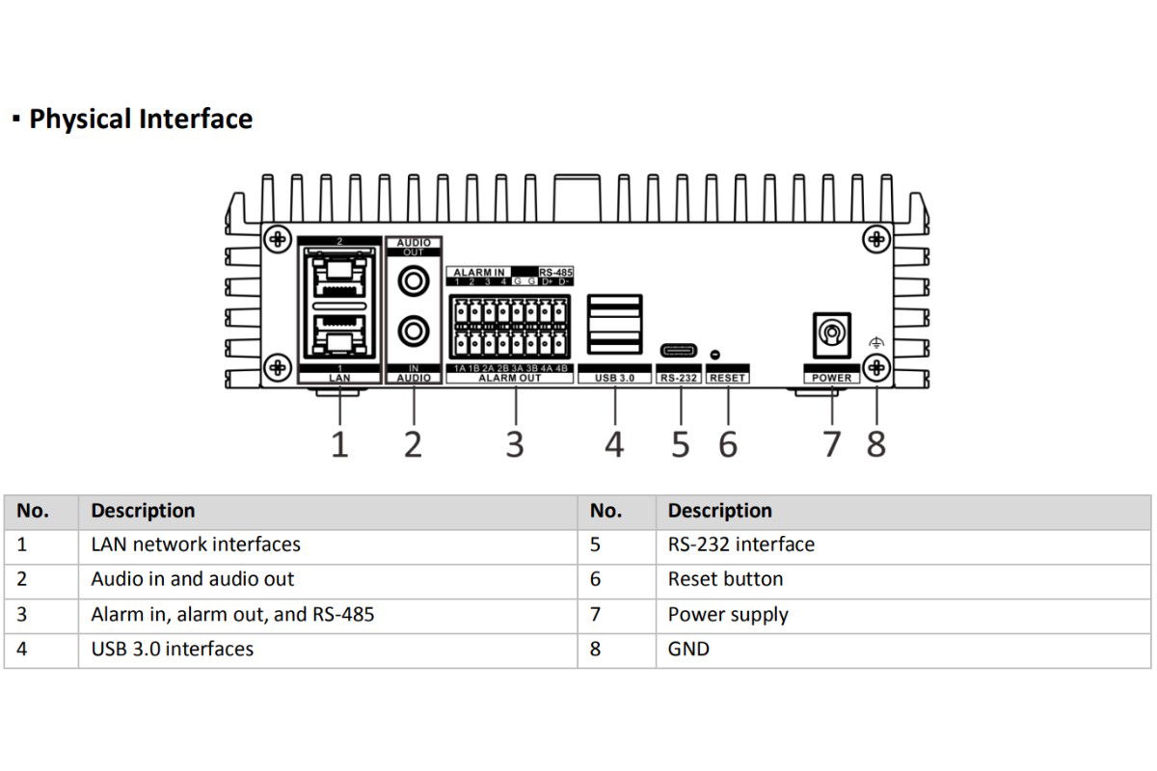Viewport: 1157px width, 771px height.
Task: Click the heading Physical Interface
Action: pos(141,119)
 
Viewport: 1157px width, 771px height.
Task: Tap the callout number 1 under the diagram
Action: pos(339,444)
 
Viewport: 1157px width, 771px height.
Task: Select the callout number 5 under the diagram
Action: pos(681,444)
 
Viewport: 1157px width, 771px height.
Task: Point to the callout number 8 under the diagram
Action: pos(876,444)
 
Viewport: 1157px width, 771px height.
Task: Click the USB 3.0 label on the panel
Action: pos(614,378)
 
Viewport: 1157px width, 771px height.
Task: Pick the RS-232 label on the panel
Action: pos(679,378)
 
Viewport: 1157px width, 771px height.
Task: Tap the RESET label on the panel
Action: pos(727,378)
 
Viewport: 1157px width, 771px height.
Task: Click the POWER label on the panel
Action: pos(831,378)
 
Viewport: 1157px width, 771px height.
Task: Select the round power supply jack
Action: pos(831,334)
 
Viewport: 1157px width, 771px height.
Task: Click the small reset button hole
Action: pos(714,355)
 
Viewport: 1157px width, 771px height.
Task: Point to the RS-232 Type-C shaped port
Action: pos(679,351)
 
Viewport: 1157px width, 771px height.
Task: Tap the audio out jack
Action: pos(414,281)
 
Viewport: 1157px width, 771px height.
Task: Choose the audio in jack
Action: pos(414,331)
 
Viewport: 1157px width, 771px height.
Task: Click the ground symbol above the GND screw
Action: pos(876,342)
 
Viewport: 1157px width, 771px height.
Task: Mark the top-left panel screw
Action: pos(278,239)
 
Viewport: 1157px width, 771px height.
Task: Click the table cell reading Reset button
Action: pos(725,579)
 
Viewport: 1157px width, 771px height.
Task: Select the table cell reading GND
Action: pos(688,650)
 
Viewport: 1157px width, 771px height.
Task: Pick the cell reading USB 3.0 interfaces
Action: pos(172,650)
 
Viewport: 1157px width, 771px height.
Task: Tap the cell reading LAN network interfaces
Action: pos(195,545)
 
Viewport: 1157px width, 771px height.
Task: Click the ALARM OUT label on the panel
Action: pos(509,378)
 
